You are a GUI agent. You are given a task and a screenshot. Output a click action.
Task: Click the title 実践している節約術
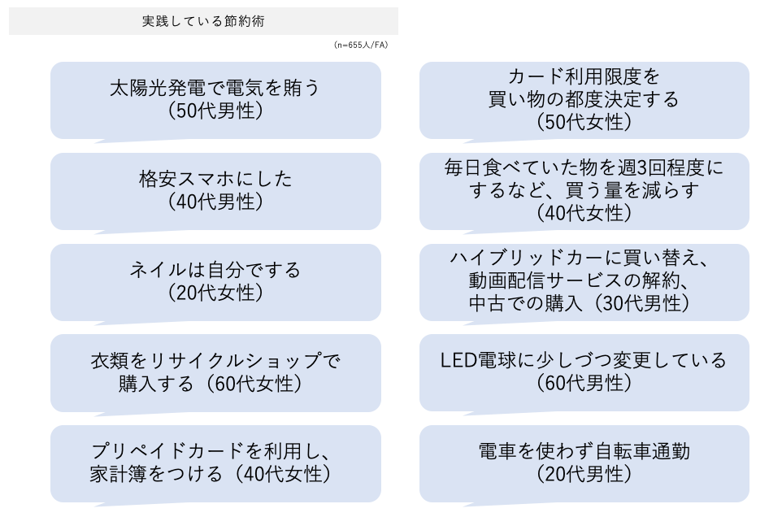(x=202, y=22)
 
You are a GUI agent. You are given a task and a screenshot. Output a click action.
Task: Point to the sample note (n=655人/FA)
(x=361, y=45)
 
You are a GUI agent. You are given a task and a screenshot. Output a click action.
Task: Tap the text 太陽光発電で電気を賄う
(x=215, y=89)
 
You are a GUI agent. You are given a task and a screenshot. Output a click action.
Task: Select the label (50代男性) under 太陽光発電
(x=215, y=111)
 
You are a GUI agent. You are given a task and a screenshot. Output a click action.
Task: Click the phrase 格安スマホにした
(x=215, y=180)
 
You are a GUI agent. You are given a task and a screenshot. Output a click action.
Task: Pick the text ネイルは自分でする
(x=215, y=270)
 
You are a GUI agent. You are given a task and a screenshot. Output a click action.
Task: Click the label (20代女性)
(x=215, y=293)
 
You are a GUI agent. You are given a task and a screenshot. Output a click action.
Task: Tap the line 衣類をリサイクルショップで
(x=215, y=361)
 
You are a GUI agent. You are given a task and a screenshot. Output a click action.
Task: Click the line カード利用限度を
(x=584, y=77)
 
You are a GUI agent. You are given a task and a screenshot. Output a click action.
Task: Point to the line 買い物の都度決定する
(x=584, y=100)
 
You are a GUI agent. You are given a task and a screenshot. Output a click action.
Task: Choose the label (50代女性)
(x=584, y=123)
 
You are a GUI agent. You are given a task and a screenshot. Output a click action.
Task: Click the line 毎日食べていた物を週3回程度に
(x=584, y=168)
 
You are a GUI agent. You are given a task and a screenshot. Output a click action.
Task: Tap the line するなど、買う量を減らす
(x=584, y=191)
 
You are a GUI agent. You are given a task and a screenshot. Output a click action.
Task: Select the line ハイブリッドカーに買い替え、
(x=584, y=258)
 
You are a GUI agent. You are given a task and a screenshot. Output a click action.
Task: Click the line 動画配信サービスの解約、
(x=584, y=281)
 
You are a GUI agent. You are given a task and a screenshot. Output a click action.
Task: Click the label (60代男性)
(x=584, y=384)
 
